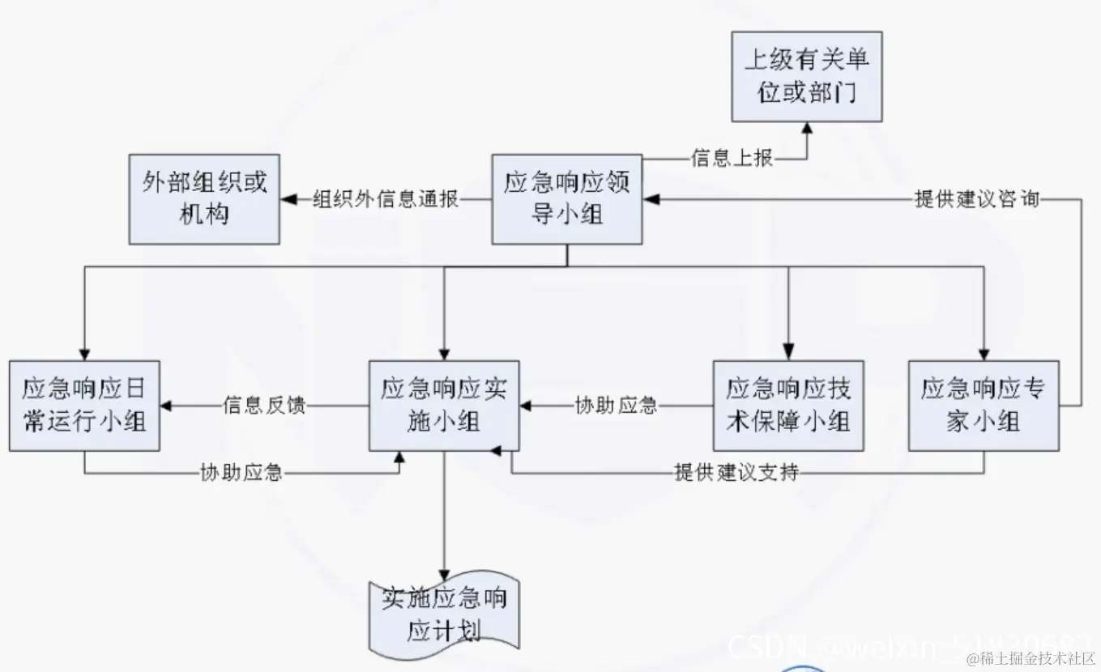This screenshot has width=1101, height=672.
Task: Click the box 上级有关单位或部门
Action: [x=806, y=77]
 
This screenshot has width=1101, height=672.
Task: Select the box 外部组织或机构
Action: [x=205, y=199]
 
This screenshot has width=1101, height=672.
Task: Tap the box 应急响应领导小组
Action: [x=567, y=199]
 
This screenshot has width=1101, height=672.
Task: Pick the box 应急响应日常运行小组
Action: [x=84, y=406]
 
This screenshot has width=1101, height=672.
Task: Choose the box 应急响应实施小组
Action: [x=443, y=406]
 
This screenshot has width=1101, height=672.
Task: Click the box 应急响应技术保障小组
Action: [x=788, y=406]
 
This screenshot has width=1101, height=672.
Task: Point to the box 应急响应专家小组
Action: [x=984, y=406]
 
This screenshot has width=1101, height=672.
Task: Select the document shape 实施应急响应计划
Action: [x=444, y=615]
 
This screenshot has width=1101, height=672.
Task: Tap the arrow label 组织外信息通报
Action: [x=386, y=199]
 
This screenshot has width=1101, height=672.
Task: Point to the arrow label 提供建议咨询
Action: [x=976, y=199]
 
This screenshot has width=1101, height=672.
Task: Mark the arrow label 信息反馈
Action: [x=264, y=406]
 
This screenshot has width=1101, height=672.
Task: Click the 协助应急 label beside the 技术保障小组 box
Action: [x=616, y=406]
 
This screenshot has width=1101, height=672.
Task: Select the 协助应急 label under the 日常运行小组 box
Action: [x=241, y=473]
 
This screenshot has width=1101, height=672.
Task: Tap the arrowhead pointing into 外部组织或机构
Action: [x=287, y=199]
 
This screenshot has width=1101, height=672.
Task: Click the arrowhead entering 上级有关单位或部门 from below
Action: [x=806, y=129]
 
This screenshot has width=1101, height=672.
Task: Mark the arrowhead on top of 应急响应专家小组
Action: [x=984, y=354]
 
